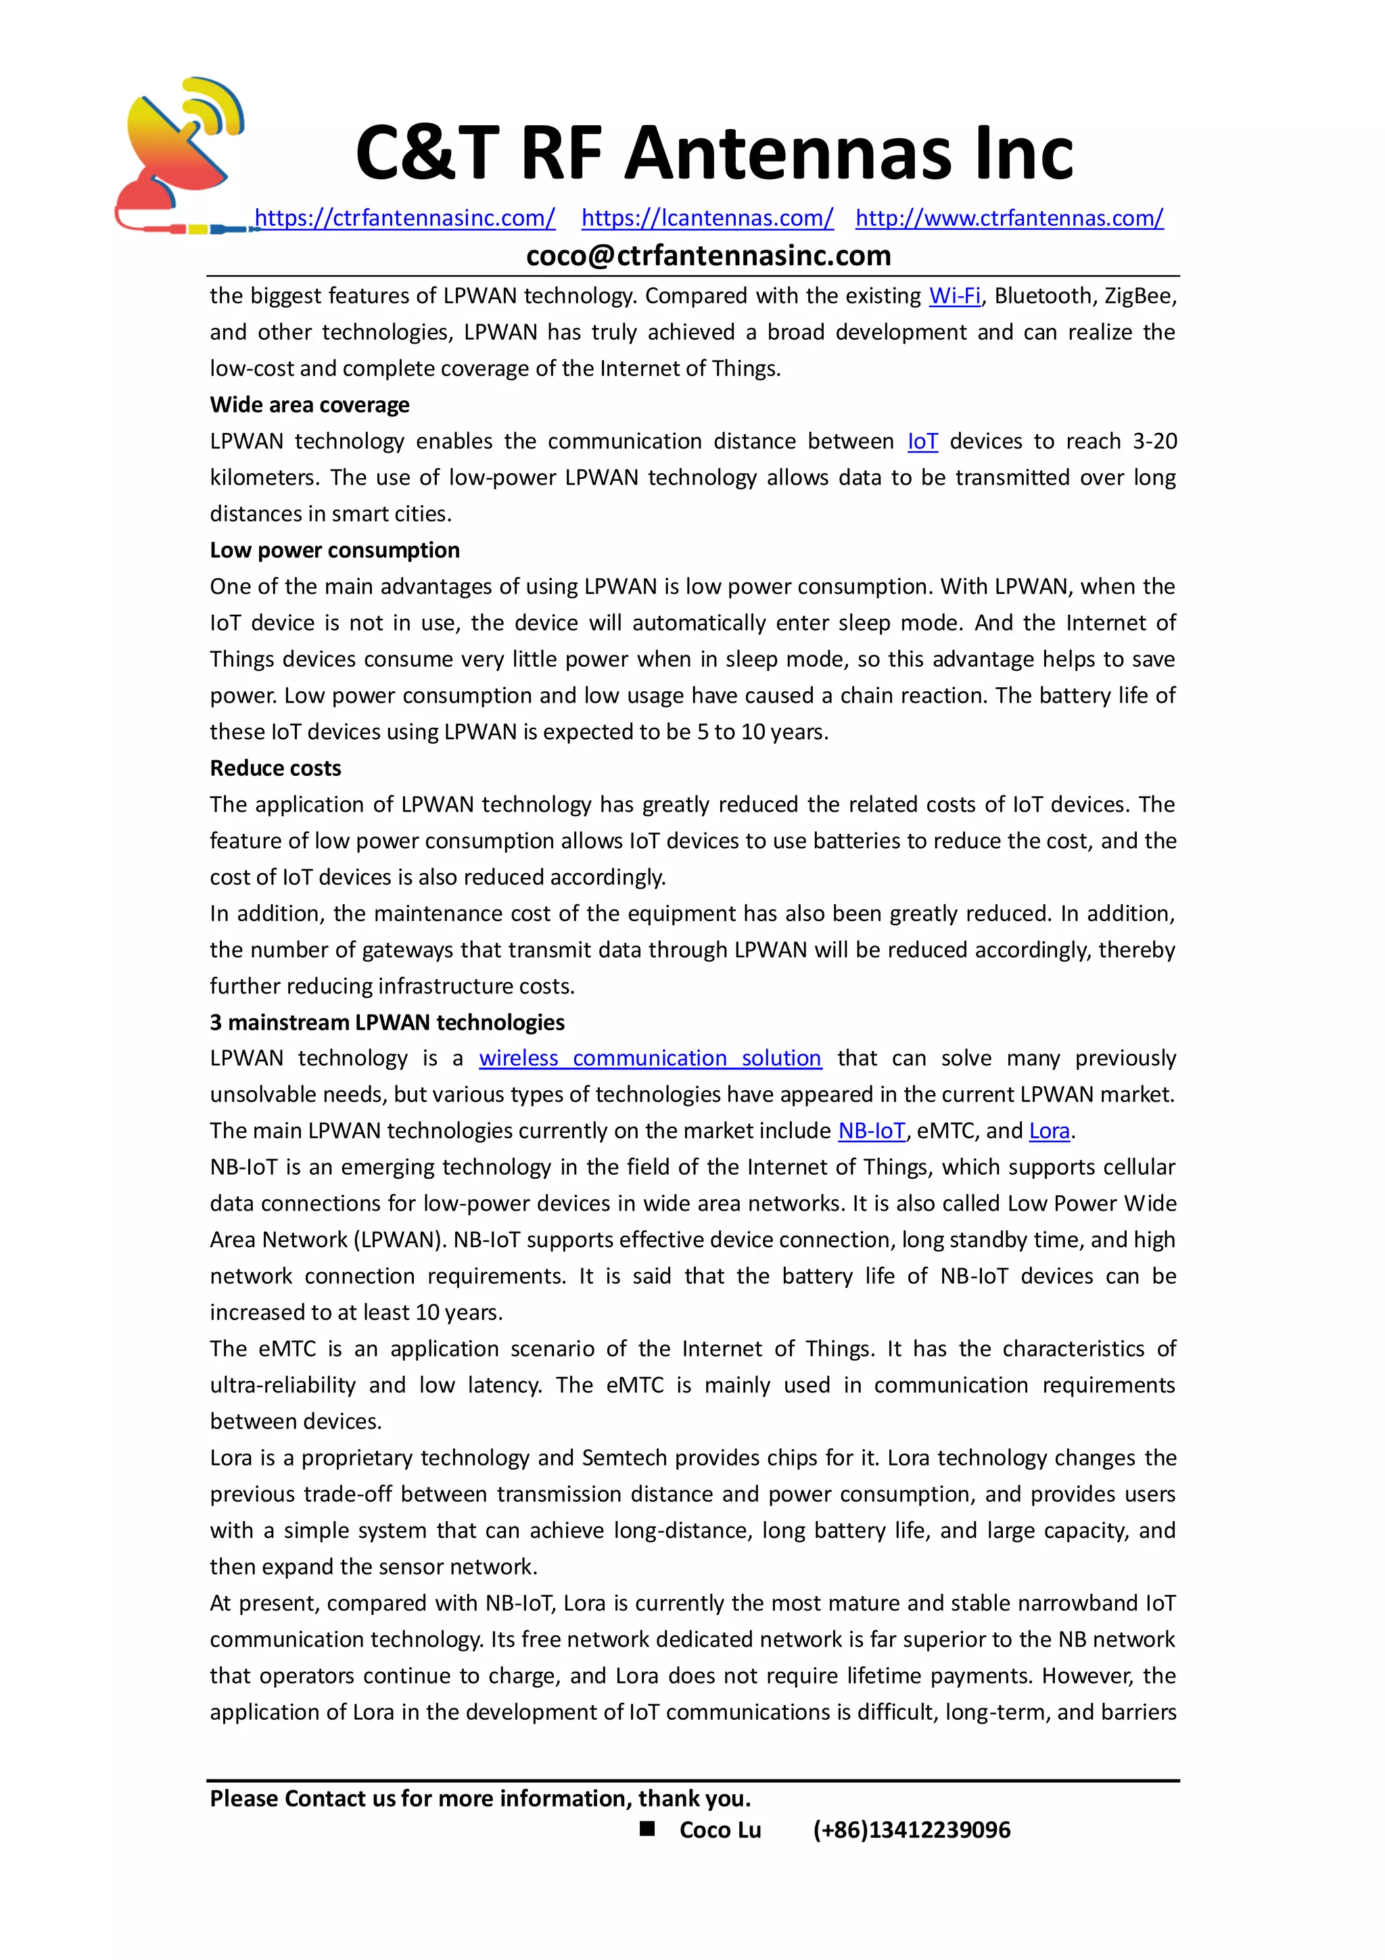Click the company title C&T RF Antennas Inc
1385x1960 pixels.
point(713,154)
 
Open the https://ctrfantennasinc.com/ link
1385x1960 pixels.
point(404,218)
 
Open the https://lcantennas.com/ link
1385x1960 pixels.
point(707,218)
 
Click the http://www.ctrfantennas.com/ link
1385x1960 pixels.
point(1009,218)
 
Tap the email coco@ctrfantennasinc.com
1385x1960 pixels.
point(708,255)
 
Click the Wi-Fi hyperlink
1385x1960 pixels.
point(954,296)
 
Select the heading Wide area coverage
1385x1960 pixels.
point(309,404)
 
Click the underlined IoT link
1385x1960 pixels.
point(922,442)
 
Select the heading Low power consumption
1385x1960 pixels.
point(335,550)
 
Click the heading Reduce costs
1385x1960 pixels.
point(275,768)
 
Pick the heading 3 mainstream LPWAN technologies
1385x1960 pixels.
point(387,1023)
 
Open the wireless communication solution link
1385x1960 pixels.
point(649,1058)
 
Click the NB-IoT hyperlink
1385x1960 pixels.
point(870,1131)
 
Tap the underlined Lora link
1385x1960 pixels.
point(1049,1131)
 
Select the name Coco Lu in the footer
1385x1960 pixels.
point(720,1830)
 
